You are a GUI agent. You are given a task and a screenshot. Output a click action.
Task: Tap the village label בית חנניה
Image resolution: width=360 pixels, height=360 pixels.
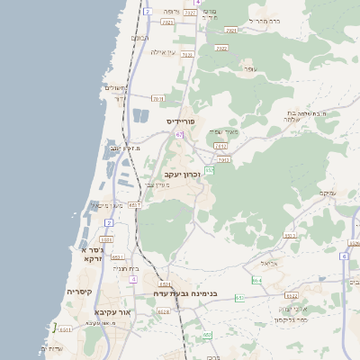[x=126, y=268]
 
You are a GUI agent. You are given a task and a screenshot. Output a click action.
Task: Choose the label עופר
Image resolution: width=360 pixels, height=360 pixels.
[x=250, y=69]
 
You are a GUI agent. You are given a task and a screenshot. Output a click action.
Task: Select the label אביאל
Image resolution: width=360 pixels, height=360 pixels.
[x=271, y=263]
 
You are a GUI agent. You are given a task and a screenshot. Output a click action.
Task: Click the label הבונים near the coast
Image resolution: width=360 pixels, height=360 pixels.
[x=139, y=37]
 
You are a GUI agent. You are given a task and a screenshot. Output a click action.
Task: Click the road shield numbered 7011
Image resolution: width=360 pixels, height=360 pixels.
[x=158, y=98]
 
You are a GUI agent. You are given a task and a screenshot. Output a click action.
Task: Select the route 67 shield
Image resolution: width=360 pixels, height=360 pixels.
[x=180, y=135]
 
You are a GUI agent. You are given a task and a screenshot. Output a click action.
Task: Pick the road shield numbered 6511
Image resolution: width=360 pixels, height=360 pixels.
[x=65, y=329]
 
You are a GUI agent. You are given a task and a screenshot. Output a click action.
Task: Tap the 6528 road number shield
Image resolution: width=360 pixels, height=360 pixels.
[x=163, y=311]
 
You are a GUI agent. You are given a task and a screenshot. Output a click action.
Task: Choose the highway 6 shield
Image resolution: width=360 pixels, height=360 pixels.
[x=344, y=256]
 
